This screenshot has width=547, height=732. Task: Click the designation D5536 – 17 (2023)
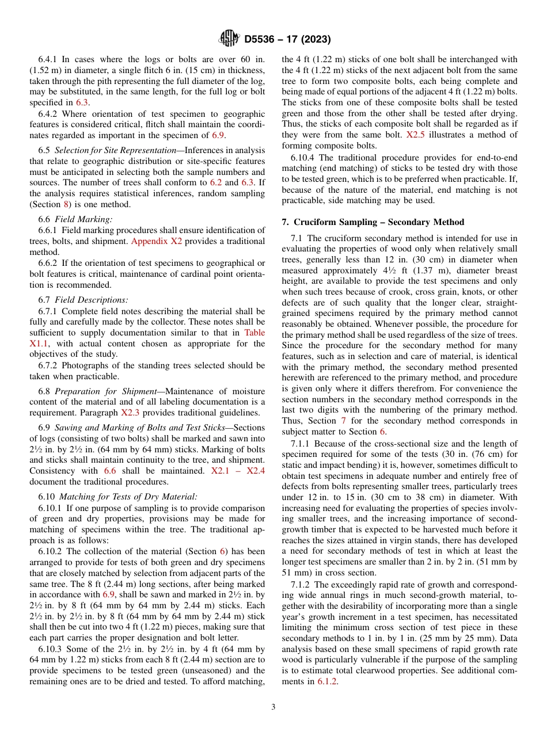(x=287, y=40)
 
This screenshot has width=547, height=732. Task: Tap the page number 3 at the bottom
(x=273, y=707)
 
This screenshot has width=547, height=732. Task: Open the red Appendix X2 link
(x=156, y=241)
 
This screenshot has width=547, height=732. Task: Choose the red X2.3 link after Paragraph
(x=131, y=412)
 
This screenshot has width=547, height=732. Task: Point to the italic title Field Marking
(x=84, y=219)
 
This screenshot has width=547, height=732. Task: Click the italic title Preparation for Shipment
(x=105, y=391)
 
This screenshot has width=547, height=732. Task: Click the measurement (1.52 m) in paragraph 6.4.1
(x=47, y=70)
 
